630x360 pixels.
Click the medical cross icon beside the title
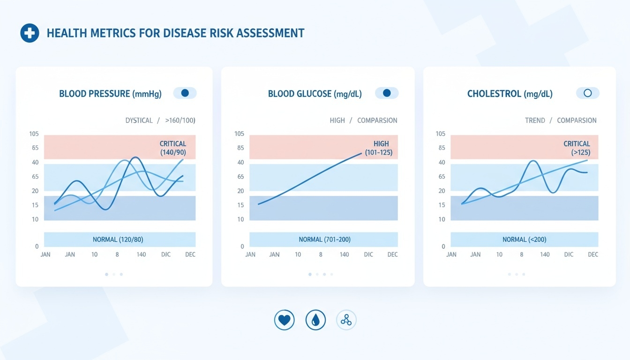30,33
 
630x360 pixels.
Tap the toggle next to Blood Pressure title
185,93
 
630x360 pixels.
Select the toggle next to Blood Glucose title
387,93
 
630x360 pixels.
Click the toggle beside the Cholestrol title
587,93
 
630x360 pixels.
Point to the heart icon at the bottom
284,320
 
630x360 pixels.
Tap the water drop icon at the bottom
315,320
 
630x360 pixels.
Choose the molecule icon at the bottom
346,320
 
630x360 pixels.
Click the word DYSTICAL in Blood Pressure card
139,120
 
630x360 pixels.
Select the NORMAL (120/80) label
118,240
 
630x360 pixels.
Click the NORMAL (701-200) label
324,240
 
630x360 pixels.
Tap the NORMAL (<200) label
524,240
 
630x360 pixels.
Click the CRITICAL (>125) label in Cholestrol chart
577,148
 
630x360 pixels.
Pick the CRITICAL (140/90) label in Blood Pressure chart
173,148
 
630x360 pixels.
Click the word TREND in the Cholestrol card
535,120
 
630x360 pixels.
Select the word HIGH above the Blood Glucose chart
337,120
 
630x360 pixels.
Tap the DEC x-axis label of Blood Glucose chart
392,255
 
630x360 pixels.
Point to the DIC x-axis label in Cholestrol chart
569,255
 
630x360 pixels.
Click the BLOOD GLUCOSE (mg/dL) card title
315,94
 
